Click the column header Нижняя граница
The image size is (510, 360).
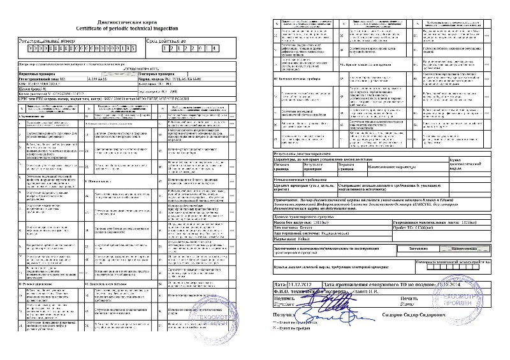tap(284, 166)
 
